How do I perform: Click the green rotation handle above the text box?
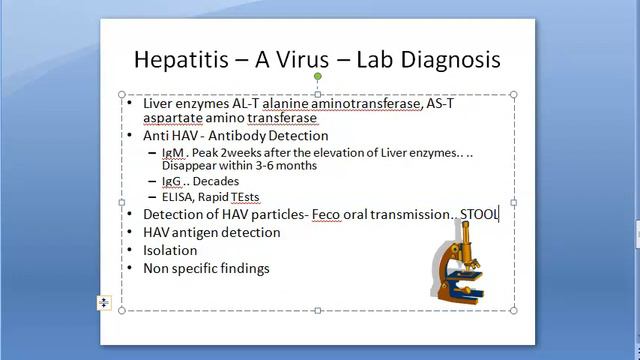[x=318, y=76]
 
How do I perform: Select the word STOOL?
[x=479, y=214]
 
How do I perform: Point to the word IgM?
[x=173, y=153]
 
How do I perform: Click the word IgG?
[x=172, y=182]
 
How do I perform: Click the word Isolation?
[x=170, y=250]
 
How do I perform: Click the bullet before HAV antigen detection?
[x=128, y=232]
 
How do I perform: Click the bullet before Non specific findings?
[x=128, y=268]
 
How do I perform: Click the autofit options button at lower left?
[x=103, y=302]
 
